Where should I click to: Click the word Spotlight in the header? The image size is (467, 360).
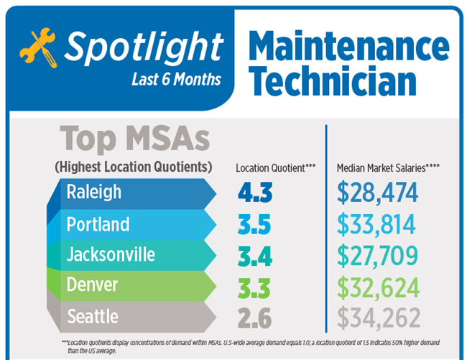pyautogui.click(x=142, y=47)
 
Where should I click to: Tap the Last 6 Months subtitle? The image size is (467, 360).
pyautogui.click(x=177, y=78)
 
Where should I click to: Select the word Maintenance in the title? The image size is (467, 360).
pyautogui.click(x=349, y=46)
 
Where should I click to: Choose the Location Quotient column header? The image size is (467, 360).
pyautogui.click(x=276, y=168)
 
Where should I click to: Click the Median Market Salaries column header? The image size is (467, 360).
pyautogui.click(x=388, y=168)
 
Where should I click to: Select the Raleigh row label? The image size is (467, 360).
pyautogui.click(x=94, y=193)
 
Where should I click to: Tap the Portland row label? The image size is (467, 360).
pyautogui.click(x=98, y=224)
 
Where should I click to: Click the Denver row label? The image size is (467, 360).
pyautogui.click(x=92, y=286)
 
